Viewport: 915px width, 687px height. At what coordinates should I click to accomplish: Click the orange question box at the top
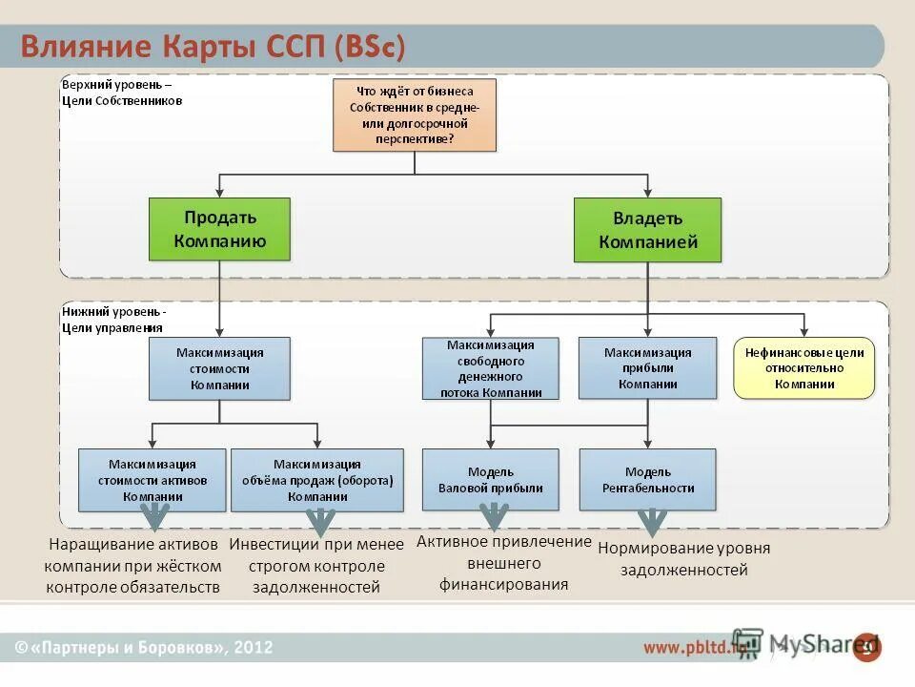[x=415, y=114]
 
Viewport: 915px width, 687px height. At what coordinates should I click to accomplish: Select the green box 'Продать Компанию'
[x=219, y=229]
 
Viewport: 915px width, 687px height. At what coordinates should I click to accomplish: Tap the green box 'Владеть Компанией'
[x=647, y=230]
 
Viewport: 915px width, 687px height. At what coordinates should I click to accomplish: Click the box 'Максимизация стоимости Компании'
[x=219, y=368]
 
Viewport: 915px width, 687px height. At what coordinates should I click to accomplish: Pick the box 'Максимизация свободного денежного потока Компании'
[x=491, y=368]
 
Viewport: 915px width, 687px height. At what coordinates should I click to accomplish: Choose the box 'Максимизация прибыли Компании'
[x=647, y=368]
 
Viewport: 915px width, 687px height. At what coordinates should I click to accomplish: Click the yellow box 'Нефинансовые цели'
[x=803, y=368]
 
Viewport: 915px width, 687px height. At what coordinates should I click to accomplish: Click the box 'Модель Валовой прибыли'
[x=491, y=480]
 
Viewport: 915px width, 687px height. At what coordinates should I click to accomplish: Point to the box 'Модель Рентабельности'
[x=647, y=480]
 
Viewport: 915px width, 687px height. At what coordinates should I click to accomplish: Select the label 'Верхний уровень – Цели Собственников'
[x=122, y=93]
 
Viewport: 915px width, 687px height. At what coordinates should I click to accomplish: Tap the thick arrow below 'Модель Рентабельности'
[x=652, y=521]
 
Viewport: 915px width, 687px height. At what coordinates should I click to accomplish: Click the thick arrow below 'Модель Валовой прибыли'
[x=494, y=515]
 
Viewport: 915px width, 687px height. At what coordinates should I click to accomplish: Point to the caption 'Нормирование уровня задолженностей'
[x=683, y=559]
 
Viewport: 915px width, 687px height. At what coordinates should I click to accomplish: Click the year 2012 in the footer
[x=253, y=648]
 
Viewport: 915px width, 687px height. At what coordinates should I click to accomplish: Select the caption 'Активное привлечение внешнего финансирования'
[x=504, y=563]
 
